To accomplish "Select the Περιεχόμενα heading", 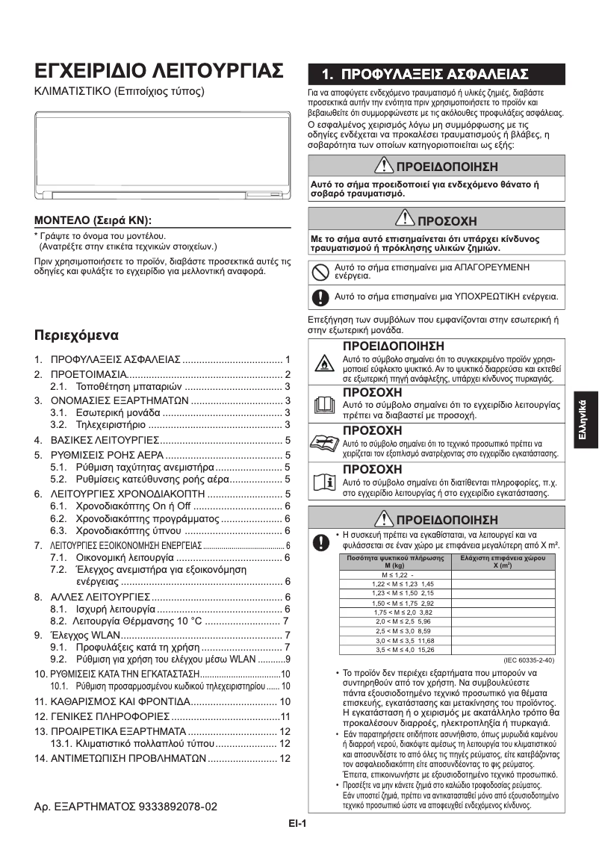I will point(81,333).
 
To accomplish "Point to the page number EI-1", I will point(299,824).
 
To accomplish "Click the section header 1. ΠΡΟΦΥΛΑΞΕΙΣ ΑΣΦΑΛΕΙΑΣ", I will point(424,74).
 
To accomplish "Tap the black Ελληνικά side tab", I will point(586,423).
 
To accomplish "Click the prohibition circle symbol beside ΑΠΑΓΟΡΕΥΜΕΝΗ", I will point(320,272).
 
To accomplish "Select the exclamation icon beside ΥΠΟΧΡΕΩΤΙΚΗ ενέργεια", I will point(320,297).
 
